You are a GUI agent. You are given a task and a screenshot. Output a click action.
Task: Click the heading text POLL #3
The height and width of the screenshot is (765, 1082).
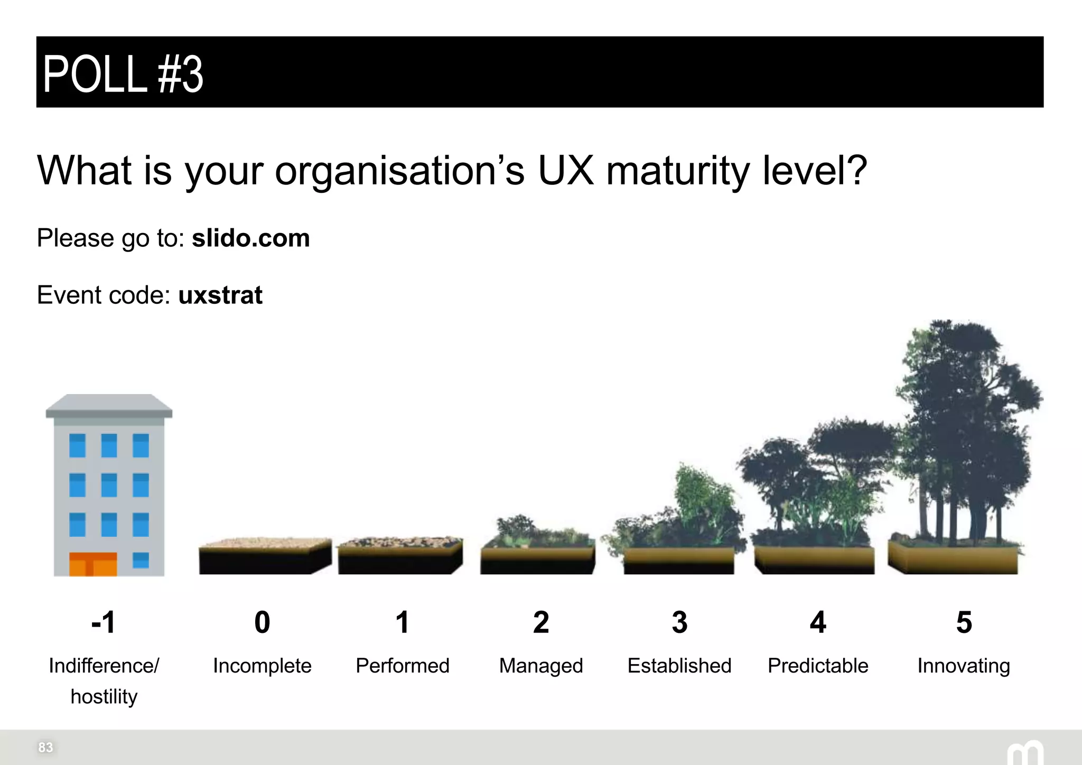click(x=123, y=74)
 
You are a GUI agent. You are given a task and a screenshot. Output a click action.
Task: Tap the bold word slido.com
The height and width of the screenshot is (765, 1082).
click(x=250, y=238)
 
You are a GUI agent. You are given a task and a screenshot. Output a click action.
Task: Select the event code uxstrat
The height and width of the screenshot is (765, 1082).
click(x=220, y=295)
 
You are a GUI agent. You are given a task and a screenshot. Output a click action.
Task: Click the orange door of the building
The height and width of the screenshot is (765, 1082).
click(x=93, y=564)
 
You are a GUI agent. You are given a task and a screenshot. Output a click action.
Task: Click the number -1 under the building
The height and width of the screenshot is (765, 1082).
click(x=104, y=622)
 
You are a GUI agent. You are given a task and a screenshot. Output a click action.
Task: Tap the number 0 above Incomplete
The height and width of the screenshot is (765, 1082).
click(x=262, y=622)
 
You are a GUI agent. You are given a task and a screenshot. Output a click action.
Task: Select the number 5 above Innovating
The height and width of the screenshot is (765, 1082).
click(x=964, y=622)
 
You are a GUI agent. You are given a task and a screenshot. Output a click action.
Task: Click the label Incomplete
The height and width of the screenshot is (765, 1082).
click(x=262, y=666)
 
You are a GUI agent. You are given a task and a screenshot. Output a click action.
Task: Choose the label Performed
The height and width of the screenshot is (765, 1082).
click(x=402, y=666)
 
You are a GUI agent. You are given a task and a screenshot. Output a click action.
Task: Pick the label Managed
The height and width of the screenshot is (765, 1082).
click(x=541, y=666)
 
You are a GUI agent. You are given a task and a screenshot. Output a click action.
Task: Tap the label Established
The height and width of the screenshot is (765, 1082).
click(x=679, y=666)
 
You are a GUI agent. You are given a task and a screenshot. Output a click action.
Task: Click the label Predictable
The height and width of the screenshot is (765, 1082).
click(x=818, y=666)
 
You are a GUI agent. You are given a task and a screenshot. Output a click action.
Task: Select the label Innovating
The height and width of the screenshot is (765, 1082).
click(x=964, y=666)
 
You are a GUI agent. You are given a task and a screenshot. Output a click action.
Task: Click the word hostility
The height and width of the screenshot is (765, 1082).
click(x=104, y=697)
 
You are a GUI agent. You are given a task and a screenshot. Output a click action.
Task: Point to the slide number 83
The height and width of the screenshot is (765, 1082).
click(x=45, y=747)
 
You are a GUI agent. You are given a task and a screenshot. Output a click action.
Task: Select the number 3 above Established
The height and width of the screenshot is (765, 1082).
click(x=679, y=622)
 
